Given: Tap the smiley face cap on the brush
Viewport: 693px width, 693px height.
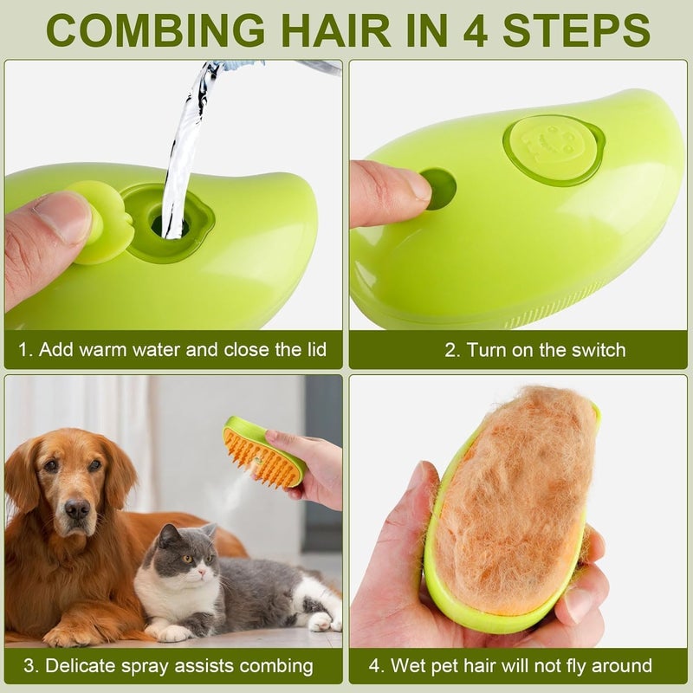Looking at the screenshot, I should pyautogui.click(x=554, y=148).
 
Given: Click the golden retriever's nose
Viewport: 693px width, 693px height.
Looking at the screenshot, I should pyautogui.click(x=76, y=508).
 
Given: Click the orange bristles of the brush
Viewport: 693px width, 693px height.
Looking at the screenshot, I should pyautogui.click(x=261, y=455).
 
